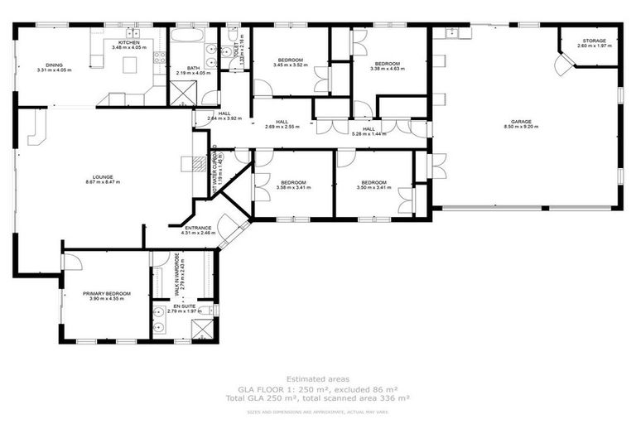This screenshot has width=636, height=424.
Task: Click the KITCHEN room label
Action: point(128,41)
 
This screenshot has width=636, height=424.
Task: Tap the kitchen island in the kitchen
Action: point(128,65)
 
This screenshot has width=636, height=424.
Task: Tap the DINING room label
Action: point(54,65)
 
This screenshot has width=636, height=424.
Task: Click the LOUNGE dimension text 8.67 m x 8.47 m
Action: point(103,182)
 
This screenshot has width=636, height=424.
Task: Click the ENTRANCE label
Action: point(198,228)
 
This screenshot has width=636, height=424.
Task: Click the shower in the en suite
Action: point(202,330)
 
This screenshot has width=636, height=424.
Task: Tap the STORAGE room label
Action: point(594,41)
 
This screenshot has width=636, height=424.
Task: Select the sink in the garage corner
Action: point(451,33)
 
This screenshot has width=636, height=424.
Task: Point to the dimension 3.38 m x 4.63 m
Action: point(387,70)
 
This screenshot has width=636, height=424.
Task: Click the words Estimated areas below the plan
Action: point(318,379)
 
